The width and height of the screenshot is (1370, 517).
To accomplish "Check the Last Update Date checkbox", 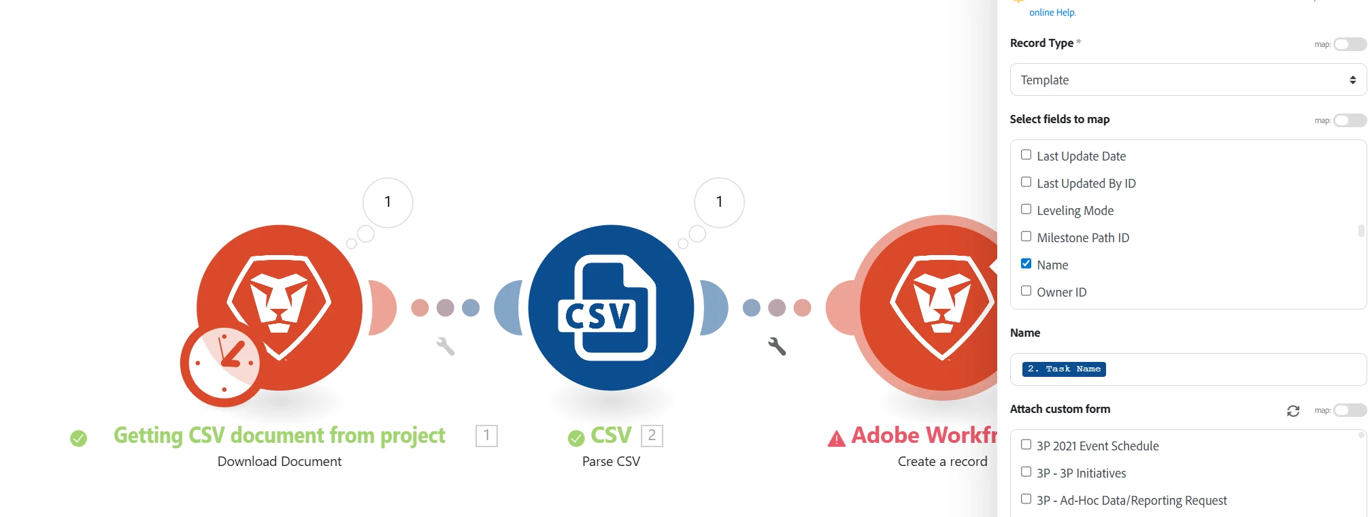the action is point(1026,155).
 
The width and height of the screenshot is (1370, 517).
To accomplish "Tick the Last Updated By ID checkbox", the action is point(1026,182).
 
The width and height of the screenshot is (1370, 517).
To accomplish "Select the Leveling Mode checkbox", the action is point(1026,210).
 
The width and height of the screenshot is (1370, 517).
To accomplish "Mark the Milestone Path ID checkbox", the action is point(1026,237).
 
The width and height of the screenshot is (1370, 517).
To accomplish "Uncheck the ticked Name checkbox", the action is point(1026,264).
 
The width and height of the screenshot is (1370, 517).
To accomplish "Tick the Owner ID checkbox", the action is point(1026,291).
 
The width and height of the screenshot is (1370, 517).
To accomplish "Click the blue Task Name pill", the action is point(1064,369).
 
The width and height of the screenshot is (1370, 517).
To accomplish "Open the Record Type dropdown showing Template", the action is point(1188,80).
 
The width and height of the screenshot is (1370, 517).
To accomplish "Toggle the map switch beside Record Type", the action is point(1350,44).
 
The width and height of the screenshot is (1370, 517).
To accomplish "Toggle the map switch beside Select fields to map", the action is point(1350,120).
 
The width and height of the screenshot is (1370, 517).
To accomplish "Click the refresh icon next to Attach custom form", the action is point(1293,411).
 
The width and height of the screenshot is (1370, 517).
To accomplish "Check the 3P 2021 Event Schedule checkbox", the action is point(1026,445).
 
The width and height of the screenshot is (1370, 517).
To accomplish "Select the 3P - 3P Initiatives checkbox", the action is point(1026,472).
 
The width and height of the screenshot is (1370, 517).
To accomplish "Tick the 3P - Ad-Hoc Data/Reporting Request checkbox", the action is point(1026,499).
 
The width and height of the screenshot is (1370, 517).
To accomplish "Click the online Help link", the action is point(1052,12).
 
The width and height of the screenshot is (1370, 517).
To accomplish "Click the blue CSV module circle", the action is point(611,307).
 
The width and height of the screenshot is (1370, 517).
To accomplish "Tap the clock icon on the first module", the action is point(224,363).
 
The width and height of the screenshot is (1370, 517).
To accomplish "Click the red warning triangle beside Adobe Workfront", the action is point(836,439).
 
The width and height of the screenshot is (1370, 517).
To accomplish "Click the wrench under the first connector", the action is point(446,346).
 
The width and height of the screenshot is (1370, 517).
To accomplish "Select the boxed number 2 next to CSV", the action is point(652,435).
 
